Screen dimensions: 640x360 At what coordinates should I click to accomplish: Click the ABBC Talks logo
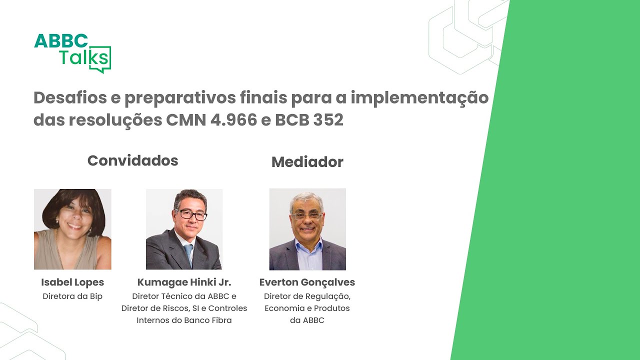72,53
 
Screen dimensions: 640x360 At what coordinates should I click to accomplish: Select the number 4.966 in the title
233,120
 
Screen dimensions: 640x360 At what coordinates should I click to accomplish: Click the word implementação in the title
419,98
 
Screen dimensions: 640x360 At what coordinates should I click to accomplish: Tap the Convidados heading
133,160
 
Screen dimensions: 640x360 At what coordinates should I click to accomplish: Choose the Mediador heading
307,162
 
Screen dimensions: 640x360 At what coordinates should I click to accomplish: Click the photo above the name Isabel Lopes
72,229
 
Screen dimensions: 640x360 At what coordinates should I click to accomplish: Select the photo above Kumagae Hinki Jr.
184,229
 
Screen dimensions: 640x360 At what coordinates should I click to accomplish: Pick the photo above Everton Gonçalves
307,229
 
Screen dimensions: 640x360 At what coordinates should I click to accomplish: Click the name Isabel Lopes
72,282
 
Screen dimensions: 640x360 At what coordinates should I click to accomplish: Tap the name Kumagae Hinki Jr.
184,282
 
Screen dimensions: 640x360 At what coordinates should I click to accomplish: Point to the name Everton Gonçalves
307,282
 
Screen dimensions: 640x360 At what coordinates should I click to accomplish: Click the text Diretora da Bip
72,296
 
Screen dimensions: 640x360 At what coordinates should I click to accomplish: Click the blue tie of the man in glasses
188,254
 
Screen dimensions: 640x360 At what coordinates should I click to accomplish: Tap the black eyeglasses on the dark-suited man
191,215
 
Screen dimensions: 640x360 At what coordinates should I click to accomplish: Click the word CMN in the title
186,120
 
